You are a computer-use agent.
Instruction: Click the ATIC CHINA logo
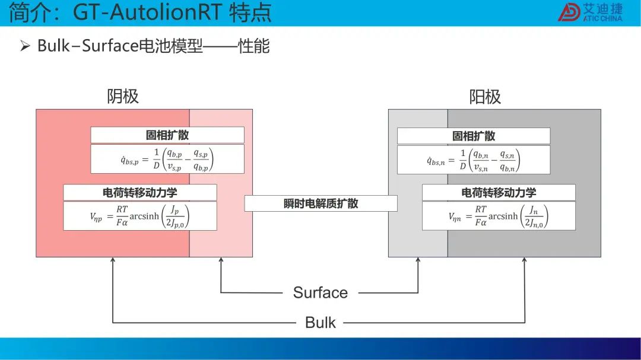point(591,12)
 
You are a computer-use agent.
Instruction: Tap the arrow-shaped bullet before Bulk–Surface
point(25,46)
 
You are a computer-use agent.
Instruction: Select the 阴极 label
point(123,97)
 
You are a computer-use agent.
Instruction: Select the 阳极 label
point(485,97)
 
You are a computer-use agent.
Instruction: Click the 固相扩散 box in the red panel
point(167,135)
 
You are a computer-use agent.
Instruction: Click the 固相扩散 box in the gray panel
point(474,136)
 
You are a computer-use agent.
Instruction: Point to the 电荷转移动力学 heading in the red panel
point(140,193)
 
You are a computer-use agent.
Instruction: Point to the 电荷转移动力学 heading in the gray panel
point(499,193)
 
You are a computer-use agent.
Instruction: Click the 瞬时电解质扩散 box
point(321,203)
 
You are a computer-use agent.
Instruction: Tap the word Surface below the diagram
point(320,292)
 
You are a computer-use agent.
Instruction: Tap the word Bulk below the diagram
point(320,323)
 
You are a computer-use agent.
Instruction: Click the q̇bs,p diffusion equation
point(167,160)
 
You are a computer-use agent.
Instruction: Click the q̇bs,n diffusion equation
point(474,160)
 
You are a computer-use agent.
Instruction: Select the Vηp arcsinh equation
point(140,216)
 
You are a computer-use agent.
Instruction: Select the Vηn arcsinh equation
point(499,216)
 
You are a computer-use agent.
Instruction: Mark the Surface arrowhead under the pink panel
point(221,260)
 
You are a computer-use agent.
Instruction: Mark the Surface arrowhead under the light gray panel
point(418,260)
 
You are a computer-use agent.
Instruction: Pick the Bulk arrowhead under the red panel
point(113,260)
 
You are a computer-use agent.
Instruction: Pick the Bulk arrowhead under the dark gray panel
point(525,260)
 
